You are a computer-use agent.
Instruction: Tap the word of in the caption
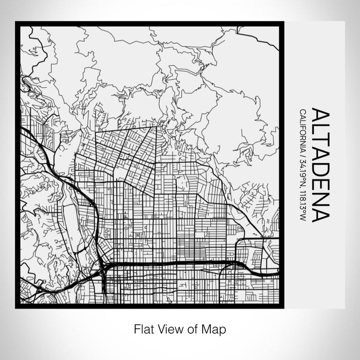[x=188, y=328]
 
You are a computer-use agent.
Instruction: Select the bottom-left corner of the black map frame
[x=16, y=307]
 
